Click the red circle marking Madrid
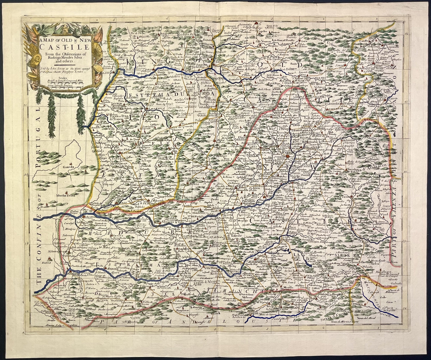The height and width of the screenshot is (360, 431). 288,156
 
